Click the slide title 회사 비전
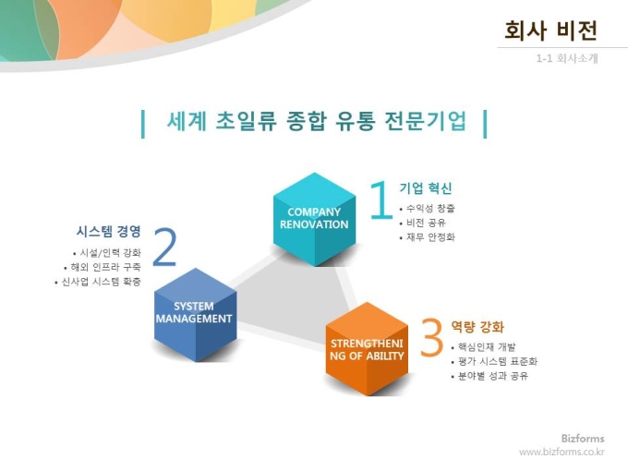550,30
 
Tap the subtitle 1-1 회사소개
567,58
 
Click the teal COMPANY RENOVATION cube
314,219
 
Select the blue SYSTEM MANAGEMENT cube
195,314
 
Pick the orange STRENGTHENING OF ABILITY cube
367,349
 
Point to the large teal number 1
380,199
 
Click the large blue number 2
164,247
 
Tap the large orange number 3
432,337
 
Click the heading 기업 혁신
426,187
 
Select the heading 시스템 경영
109,231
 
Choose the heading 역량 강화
477,327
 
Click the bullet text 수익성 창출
430,209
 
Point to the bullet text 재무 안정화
430,237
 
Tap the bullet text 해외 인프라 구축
105,267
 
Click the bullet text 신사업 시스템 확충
101,282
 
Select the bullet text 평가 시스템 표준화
498,361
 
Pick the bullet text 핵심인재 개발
487,347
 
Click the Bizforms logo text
583,438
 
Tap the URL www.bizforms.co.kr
562,452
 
